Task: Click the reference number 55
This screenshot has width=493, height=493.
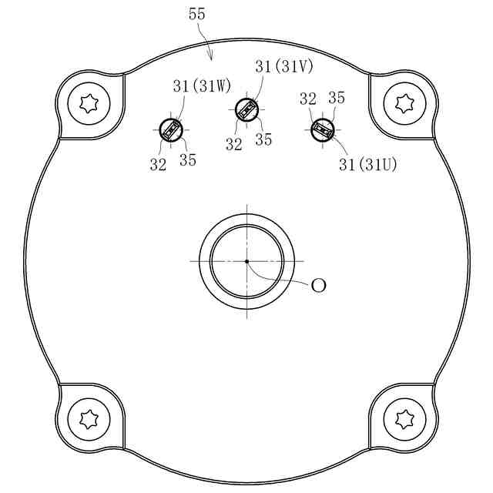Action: (x=197, y=14)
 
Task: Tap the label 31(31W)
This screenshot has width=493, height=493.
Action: (x=202, y=86)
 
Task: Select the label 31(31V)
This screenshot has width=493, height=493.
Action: (x=284, y=67)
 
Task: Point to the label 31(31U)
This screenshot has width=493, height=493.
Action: (x=368, y=164)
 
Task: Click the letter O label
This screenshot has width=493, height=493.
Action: (x=318, y=286)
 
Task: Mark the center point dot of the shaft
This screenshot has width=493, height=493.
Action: (x=246, y=261)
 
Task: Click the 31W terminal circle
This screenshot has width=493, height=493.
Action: (x=171, y=130)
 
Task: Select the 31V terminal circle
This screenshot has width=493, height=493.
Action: (x=246, y=109)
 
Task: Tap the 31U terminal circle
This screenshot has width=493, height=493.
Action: (x=322, y=130)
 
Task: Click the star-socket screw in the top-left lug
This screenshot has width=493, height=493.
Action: (x=89, y=104)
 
